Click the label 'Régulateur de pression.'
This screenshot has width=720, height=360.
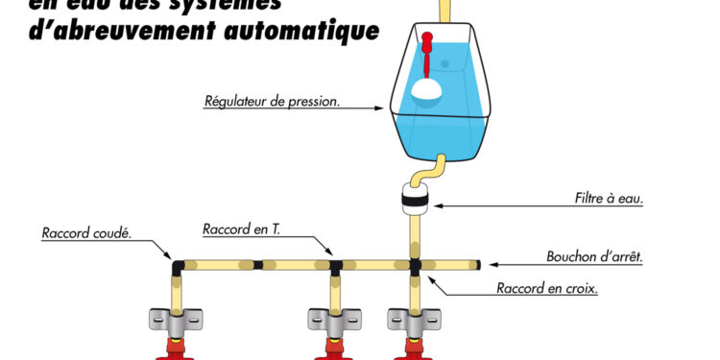[x=272, y=101]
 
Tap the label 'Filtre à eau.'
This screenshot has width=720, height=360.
[x=602, y=201]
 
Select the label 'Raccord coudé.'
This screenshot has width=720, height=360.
[x=86, y=232]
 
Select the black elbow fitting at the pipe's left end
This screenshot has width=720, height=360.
[x=179, y=262]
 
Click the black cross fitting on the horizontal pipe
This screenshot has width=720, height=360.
[x=415, y=263]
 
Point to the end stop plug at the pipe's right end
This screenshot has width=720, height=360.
[x=475, y=262]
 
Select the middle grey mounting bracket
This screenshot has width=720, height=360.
[x=334, y=318]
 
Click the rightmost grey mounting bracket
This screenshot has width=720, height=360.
[x=414, y=318]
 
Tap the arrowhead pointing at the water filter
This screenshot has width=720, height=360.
[x=434, y=204]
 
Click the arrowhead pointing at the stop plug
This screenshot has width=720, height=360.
[x=490, y=262]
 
